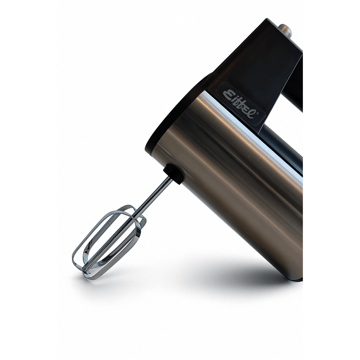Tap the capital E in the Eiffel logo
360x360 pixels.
coord(228,94)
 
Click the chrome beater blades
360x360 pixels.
coord(108,242)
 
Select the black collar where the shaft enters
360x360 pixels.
coord(173,174)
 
